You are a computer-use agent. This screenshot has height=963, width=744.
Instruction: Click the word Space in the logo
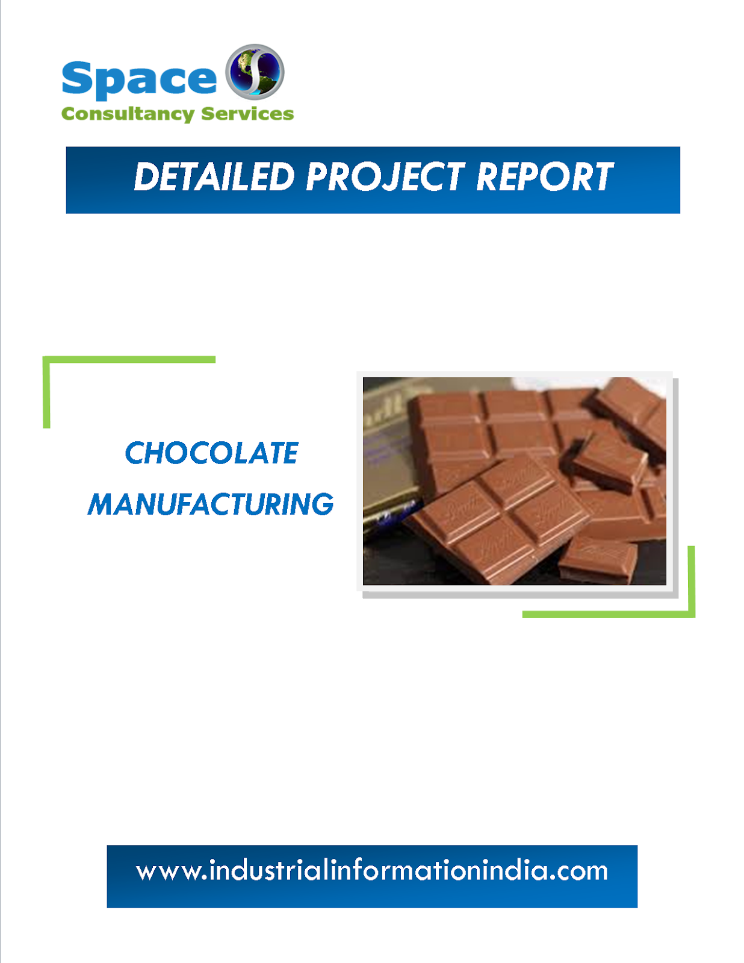(139, 79)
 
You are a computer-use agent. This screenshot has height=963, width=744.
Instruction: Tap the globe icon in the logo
(255, 72)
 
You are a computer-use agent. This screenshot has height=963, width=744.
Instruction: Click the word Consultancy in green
(128, 114)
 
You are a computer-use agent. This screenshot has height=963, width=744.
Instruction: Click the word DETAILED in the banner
(214, 178)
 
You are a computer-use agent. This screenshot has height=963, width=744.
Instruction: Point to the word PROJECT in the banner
(385, 178)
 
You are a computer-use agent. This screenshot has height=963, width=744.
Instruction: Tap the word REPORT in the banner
(545, 178)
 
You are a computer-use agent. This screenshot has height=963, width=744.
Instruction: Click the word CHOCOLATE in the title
(211, 453)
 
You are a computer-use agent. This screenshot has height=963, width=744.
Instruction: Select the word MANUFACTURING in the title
(211, 504)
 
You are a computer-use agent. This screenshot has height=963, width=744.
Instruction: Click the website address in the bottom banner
(372, 871)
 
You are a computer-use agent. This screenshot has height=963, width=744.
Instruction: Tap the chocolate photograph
(514, 481)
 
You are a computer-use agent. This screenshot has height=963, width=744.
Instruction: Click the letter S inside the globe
(255, 72)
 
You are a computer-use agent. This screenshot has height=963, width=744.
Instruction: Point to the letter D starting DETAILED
(146, 178)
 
